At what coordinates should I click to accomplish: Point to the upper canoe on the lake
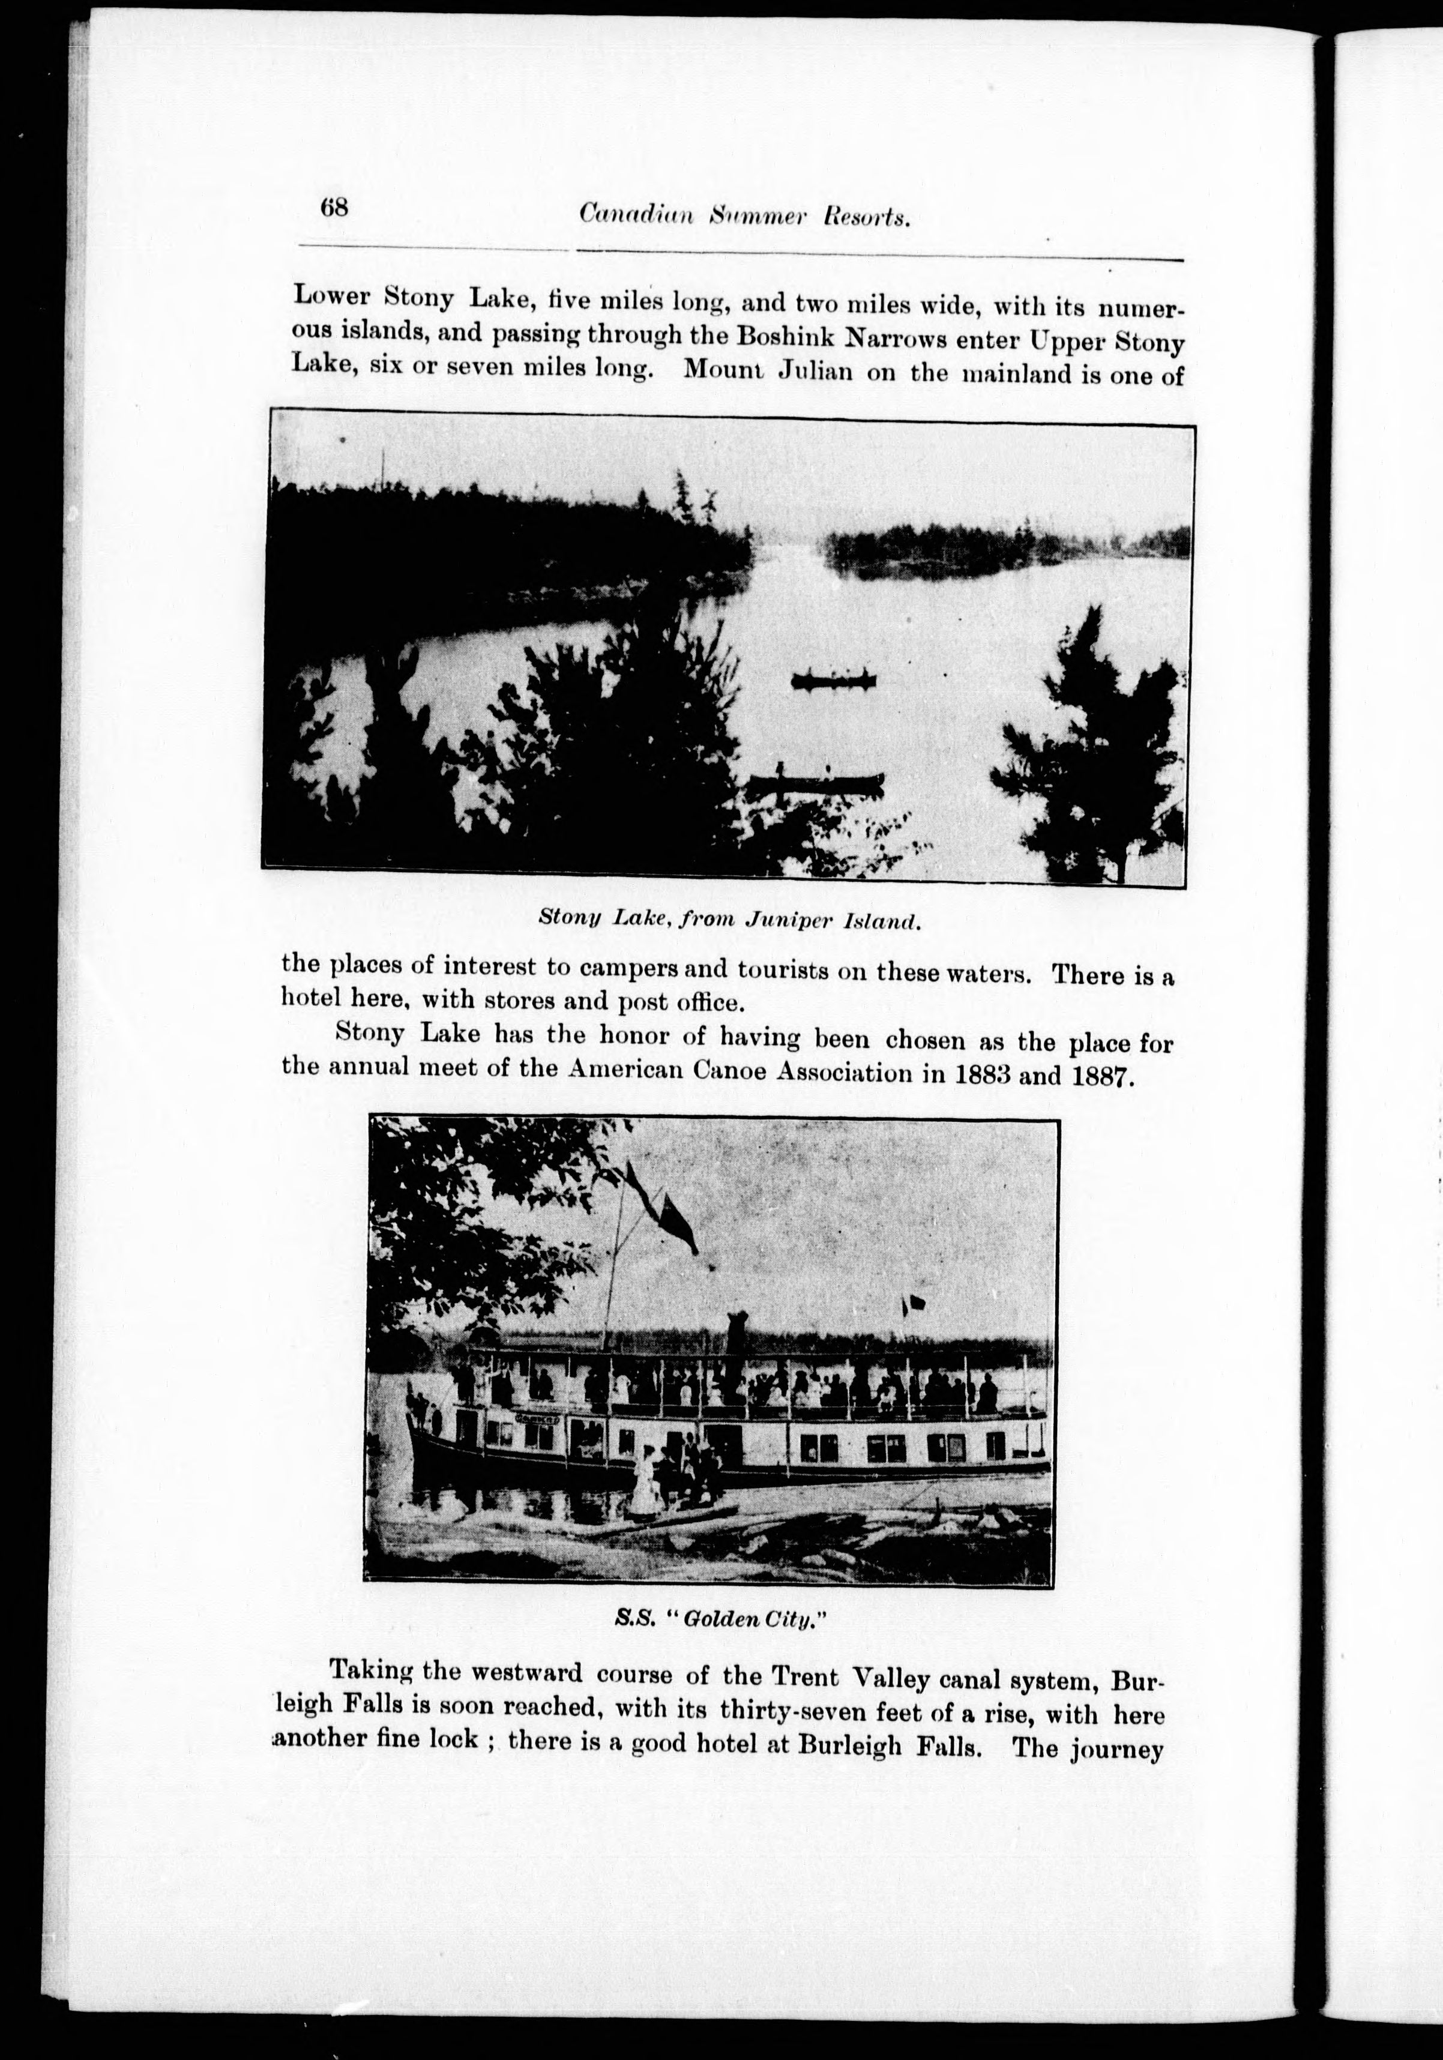(x=833, y=680)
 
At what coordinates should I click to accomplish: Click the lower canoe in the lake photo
(x=816, y=782)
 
